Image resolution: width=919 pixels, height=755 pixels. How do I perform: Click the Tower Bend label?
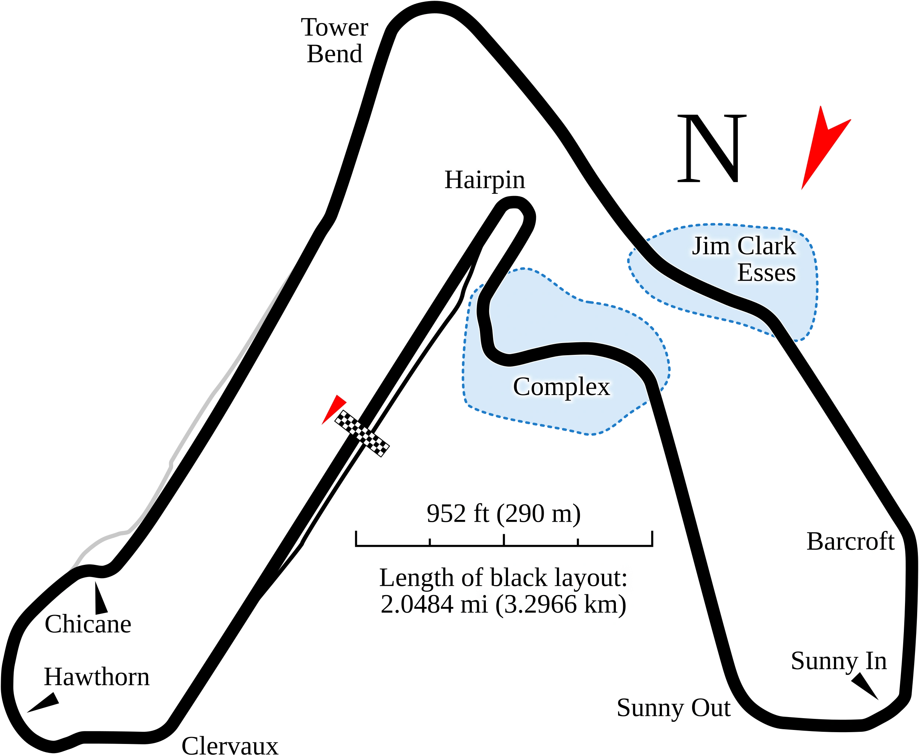tap(335, 41)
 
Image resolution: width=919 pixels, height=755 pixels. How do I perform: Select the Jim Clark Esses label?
tap(744, 259)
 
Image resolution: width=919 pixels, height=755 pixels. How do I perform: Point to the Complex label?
tap(561, 387)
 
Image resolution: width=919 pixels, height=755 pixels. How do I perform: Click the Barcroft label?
tap(850, 541)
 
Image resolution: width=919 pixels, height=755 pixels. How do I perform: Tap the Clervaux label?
tap(229, 745)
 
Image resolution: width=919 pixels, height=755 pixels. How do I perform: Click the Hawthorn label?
tap(97, 677)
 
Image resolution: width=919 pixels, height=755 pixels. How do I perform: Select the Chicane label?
tap(88, 624)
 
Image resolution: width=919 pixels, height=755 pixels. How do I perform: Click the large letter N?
tap(711, 149)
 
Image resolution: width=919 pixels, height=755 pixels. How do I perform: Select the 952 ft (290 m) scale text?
tap(504, 514)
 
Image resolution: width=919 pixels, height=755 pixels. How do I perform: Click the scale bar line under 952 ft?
tap(504, 543)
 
